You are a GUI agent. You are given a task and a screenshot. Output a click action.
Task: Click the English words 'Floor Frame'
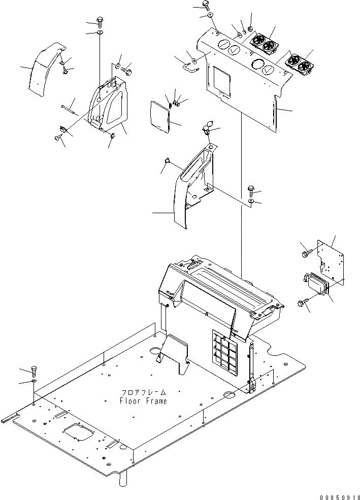143,401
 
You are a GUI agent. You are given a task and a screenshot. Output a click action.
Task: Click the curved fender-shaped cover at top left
46,69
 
